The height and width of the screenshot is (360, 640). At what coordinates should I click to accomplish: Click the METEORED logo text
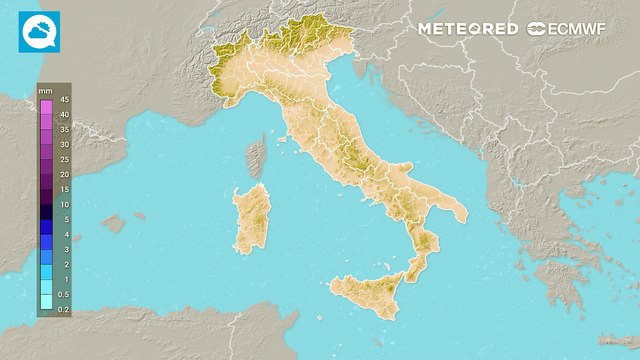(x=467, y=29)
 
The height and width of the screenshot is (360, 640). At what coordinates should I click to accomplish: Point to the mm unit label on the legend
(x=45, y=91)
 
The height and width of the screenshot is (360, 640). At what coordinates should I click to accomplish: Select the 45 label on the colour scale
(x=63, y=99)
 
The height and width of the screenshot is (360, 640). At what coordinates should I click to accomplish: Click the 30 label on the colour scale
(x=63, y=144)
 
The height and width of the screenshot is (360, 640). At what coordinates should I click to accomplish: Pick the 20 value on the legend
(x=63, y=174)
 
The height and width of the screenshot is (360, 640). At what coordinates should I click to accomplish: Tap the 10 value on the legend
(x=63, y=204)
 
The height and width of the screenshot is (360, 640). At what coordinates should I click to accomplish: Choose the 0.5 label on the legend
(x=63, y=294)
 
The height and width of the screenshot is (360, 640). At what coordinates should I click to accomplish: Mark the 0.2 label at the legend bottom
(x=63, y=311)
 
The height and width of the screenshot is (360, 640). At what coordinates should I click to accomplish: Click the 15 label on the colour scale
(x=63, y=189)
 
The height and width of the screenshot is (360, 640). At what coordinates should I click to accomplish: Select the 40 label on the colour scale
(x=63, y=114)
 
